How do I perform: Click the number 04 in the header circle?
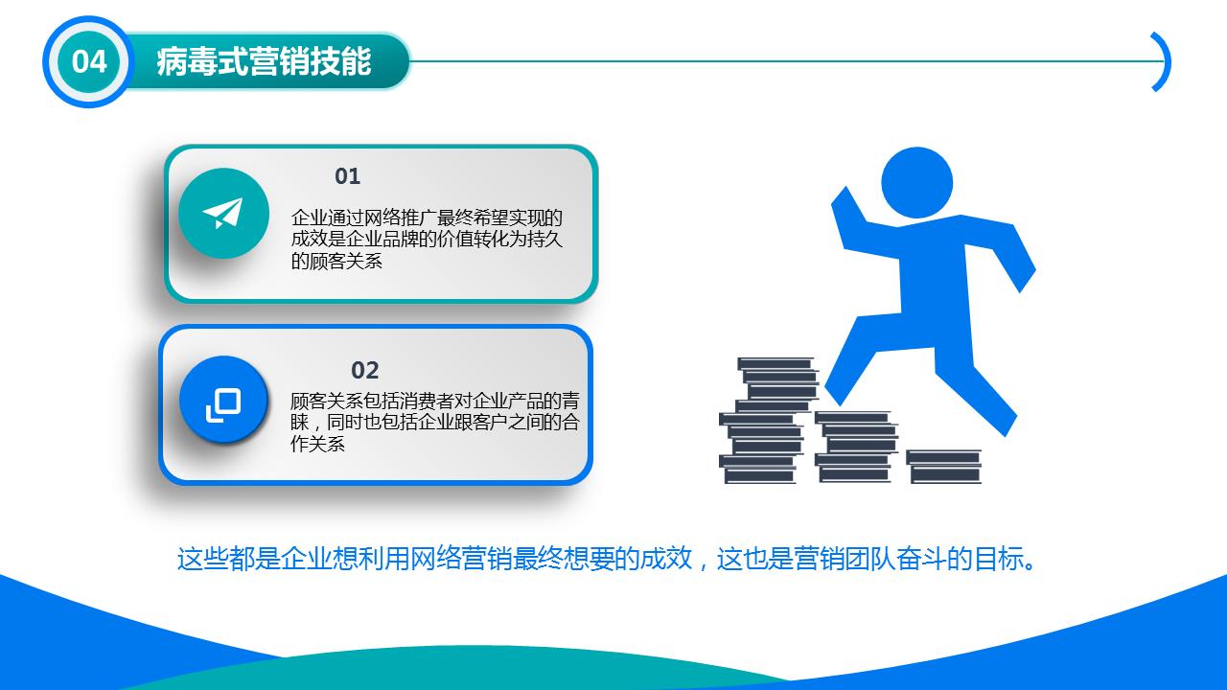coord(89,62)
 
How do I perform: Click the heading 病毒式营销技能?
coord(264,62)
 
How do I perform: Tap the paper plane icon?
coord(223,213)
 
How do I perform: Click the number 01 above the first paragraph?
coord(347,176)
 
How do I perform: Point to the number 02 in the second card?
coord(365,370)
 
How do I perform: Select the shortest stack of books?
coord(944,466)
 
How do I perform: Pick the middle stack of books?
coord(855,447)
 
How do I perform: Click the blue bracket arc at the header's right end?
coord(1162,62)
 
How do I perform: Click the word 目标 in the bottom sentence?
coord(997,559)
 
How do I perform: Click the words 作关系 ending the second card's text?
coord(317,445)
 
